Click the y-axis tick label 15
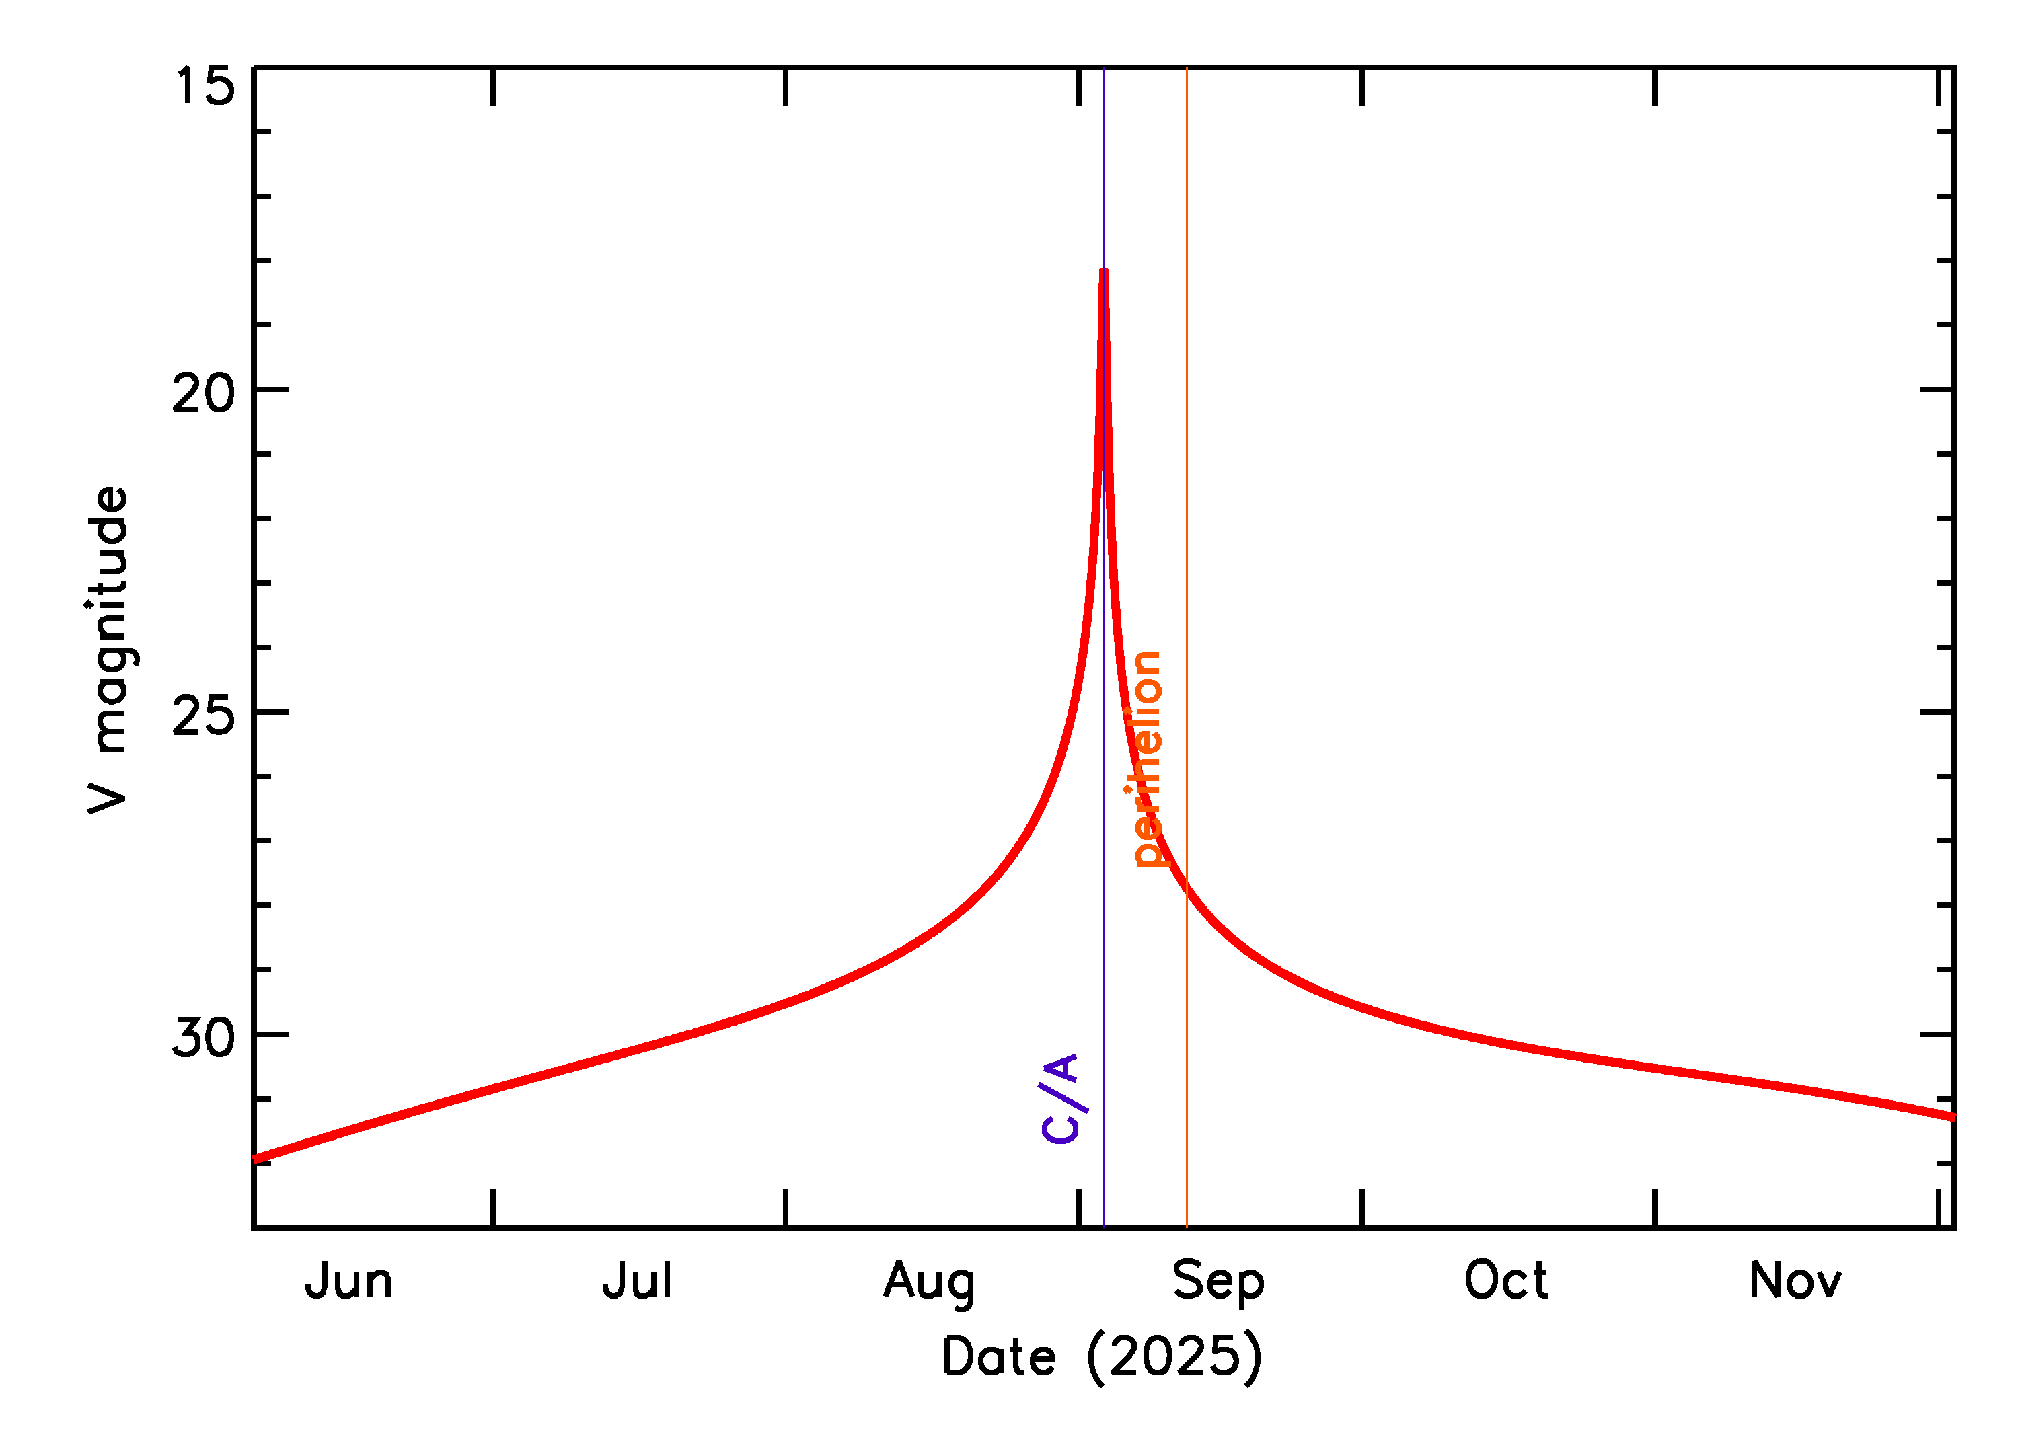[205, 86]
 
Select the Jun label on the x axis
[348, 1281]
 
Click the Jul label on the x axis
[637, 1281]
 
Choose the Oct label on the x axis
[1506, 1280]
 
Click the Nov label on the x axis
[1795, 1281]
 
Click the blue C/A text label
[1061, 1098]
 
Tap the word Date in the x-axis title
[999, 1357]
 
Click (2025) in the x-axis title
[1175, 1357]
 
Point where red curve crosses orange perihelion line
[1187, 890]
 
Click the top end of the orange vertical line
[1187, 69]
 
